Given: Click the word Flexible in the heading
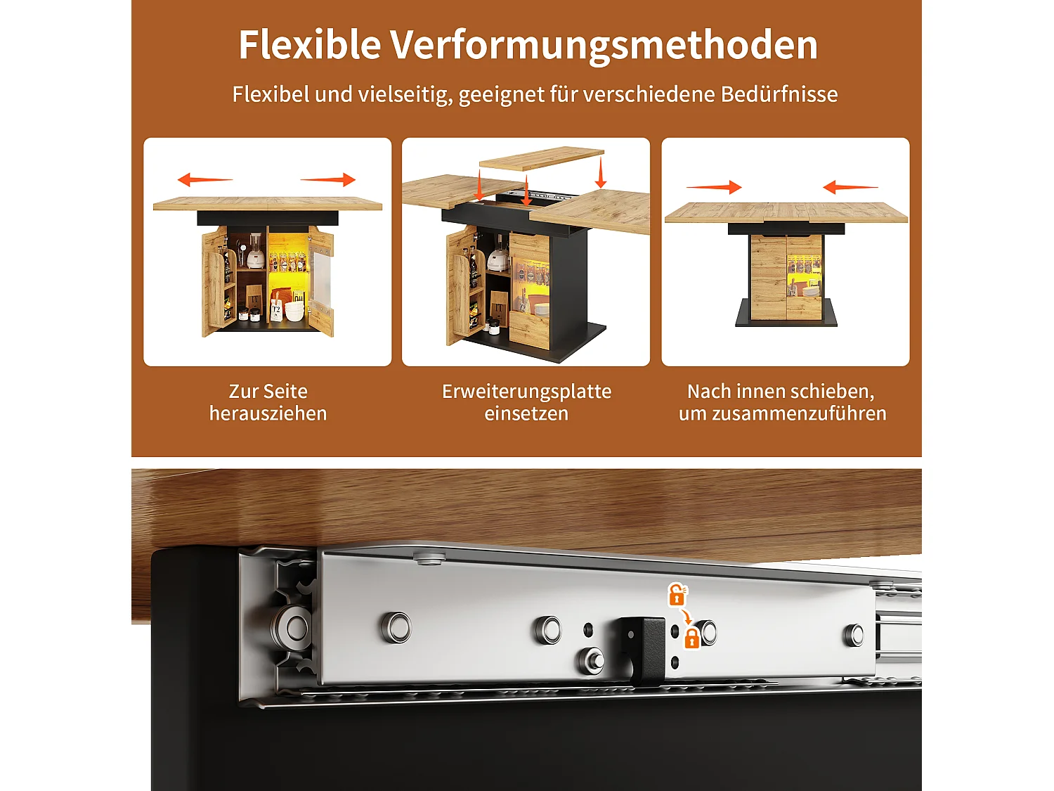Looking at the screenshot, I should pos(309,45).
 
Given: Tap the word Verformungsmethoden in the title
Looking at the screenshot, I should pos(604,45).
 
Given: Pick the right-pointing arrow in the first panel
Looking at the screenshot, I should pos(329,180).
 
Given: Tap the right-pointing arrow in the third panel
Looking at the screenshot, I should pos(714,187).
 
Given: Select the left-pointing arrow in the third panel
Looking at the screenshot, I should pos(850,187).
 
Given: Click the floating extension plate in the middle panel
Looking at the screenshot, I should pos(541,159).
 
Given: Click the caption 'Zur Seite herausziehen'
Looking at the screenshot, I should pos(268,402).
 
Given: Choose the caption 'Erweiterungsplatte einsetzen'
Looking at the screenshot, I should pos(526,402).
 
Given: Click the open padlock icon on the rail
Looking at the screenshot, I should pos(677,596).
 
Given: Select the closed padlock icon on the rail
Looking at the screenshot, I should pos(691,638).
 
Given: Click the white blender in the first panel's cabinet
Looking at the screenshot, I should pos(255,252).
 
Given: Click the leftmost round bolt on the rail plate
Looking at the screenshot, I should pos(397,627).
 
